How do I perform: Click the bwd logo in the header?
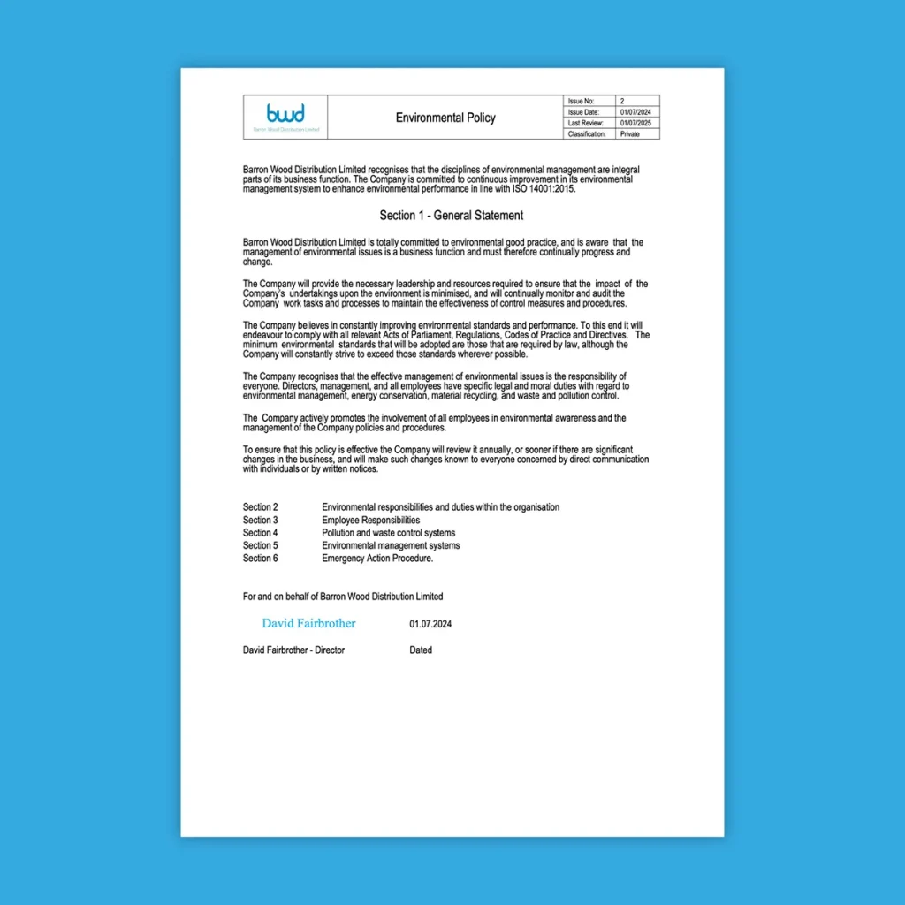[x=285, y=114]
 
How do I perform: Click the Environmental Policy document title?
[x=445, y=118]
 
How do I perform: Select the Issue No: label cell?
[x=582, y=102]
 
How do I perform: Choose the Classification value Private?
[x=630, y=134]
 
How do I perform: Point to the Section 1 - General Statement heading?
[x=451, y=216]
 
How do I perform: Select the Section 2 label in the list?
[x=261, y=507]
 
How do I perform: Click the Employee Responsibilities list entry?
[x=370, y=521]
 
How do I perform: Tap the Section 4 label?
[x=261, y=533]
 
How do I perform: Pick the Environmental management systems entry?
[x=391, y=545]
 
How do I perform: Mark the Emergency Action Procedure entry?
[x=377, y=559]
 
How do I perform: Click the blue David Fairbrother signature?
[x=308, y=623]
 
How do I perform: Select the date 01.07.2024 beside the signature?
[x=430, y=624]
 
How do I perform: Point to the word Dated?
[x=421, y=650]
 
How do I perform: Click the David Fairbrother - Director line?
[x=293, y=650]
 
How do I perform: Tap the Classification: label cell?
[x=587, y=134]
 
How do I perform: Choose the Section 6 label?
[x=261, y=559]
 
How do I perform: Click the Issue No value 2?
[x=622, y=102]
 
